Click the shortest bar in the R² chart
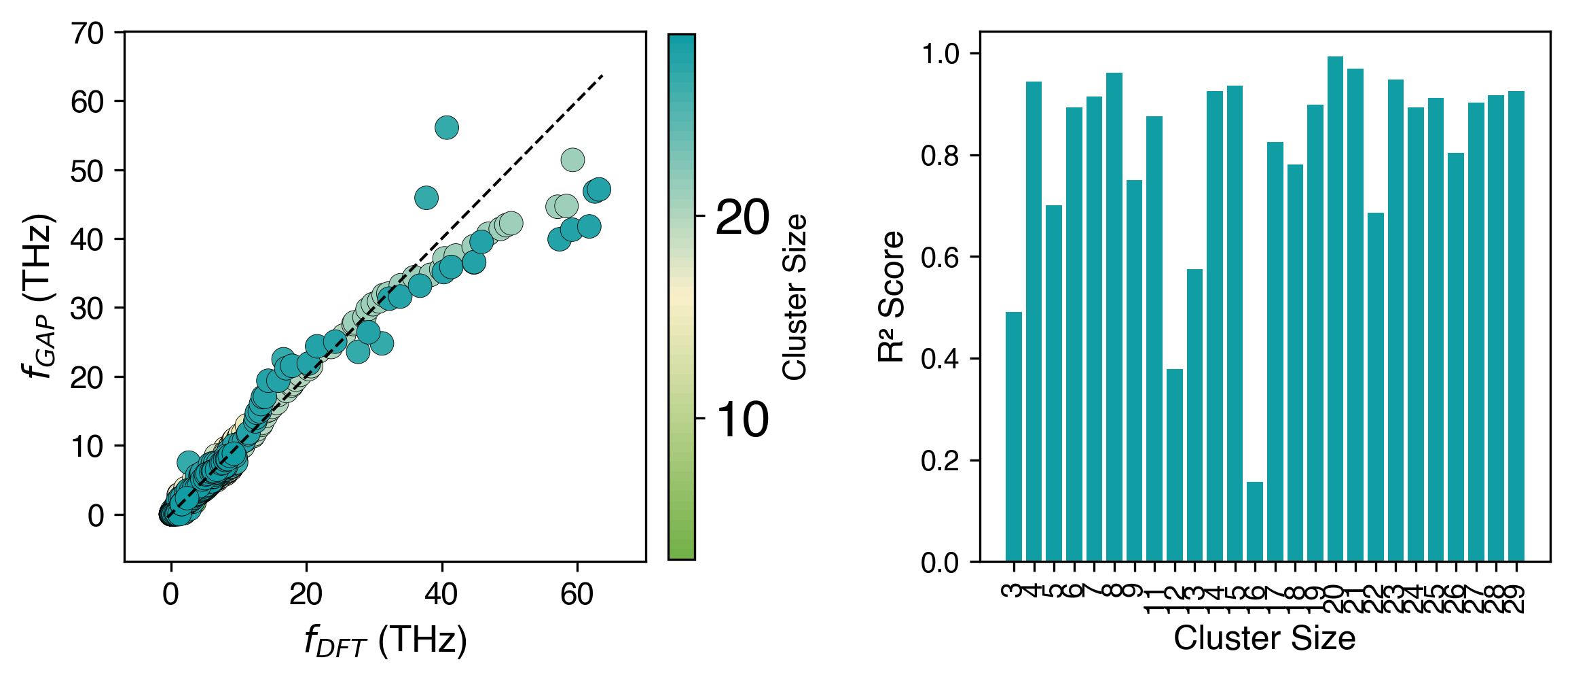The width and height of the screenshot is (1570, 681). [1254, 522]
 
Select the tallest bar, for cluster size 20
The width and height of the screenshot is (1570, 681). [1335, 309]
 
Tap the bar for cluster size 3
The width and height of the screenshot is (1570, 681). [1013, 437]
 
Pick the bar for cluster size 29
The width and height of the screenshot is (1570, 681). [1516, 326]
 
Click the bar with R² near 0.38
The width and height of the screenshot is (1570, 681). [1174, 466]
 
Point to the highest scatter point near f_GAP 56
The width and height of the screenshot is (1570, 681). [446, 127]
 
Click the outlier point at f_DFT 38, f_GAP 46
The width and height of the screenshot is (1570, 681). [426, 198]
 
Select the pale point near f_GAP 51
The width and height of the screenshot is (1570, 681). [572, 160]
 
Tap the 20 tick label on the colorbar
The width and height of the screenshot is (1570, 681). [742, 217]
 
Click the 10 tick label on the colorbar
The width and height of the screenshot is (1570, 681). [742, 419]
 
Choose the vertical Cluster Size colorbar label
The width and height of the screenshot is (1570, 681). [794, 297]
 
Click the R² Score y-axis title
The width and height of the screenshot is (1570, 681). [892, 296]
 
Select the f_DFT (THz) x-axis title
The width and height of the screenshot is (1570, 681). [386, 641]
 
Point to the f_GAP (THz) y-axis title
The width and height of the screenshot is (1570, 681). [38, 296]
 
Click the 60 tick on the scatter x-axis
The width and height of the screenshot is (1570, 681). [577, 595]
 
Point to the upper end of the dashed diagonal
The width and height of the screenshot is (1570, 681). [602, 75]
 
